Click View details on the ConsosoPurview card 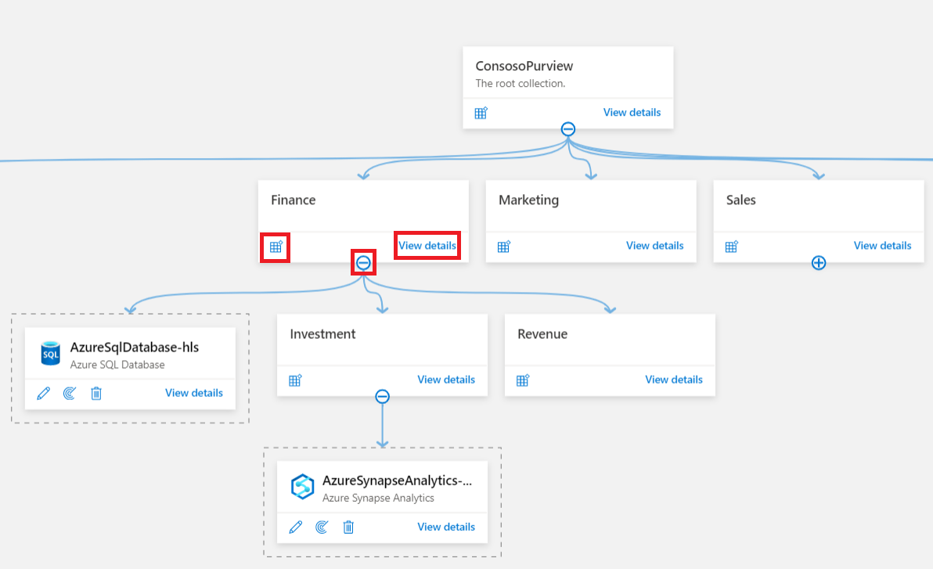point(632,113)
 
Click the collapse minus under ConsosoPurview point(568,129)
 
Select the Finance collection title point(294,200)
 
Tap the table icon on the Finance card point(276,247)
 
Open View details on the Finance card point(427,246)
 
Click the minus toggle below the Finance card point(363,263)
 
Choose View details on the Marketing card point(654,246)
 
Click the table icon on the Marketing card point(504,247)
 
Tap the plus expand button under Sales point(818,263)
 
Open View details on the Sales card point(882,246)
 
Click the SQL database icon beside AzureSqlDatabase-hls point(51,354)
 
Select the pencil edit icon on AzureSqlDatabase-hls point(44,394)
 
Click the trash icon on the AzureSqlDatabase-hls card point(96,394)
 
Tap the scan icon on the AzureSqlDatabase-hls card point(70,394)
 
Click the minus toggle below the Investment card point(382,397)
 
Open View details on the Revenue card point(673,380)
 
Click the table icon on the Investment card point(295,380)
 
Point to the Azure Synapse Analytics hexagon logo point(303,487)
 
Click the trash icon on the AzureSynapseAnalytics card point(349,528)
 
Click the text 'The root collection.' point(520,84)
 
